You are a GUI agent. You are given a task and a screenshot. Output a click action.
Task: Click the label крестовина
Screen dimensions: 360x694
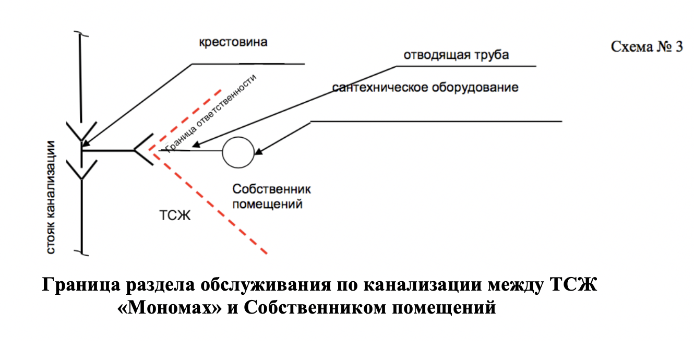pos(233,42)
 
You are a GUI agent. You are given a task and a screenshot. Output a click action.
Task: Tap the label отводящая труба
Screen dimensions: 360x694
pos(456,55)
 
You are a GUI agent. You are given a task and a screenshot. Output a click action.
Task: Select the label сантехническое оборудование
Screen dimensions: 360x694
pos(426,87)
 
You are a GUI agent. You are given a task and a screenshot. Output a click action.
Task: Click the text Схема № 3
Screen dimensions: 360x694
pos(647,46)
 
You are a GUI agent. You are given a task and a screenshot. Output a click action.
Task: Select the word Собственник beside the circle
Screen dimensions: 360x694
pos(271,189)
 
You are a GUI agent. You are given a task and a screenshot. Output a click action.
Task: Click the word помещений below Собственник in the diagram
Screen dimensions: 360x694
pos(267,204)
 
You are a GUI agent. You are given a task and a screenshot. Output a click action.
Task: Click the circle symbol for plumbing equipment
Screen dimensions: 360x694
pos(238,152)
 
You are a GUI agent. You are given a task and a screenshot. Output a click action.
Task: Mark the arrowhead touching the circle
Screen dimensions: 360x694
pos(258,152)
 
